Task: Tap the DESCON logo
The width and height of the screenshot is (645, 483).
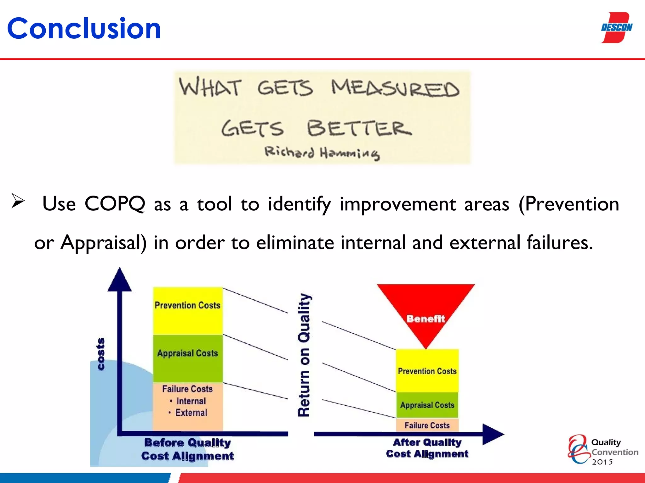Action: [616, 28]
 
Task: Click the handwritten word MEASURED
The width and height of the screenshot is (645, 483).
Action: [395, 88]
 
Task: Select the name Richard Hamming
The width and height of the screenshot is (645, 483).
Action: [322, 153]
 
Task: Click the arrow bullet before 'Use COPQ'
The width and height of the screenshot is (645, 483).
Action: [18, 201]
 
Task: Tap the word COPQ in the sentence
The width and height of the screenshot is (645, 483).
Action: [115, 204]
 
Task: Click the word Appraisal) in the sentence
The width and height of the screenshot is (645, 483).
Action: [104, 243]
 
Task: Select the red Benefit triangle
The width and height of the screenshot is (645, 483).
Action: [425, 311]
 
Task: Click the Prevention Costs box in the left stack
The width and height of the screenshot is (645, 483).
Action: [188, 311]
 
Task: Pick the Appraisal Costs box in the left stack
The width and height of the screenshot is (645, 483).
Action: [188, 358]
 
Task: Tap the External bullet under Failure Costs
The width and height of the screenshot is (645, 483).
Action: [191, 413]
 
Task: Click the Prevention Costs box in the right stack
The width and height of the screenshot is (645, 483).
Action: [427, 371]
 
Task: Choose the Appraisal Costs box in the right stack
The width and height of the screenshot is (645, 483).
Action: [427, 405]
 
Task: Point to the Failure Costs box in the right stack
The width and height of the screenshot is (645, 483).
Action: [427, 425]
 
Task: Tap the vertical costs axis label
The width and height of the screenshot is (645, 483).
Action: [100, 354]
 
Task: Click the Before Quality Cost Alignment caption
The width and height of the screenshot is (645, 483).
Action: [188, 449]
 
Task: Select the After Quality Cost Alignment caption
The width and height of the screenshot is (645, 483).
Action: [427, 448]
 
